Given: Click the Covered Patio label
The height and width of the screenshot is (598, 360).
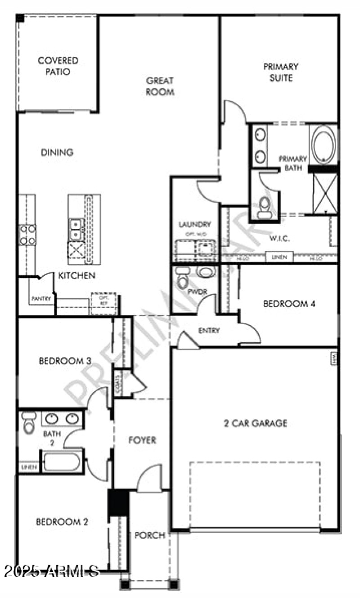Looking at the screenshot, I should pyautogui.click(x=58, y=66).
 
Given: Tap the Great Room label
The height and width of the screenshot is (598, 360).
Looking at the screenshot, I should pyautogui.click(x=160, y=86).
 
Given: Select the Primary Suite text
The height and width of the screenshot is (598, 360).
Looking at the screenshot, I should pyautogui.click(x=280, y=72).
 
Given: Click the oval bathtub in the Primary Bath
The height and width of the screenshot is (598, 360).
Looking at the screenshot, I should pyautogui.click(x=324, y=144).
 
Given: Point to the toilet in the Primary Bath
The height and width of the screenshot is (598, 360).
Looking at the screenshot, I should pyautogui.click(x=265, y=207).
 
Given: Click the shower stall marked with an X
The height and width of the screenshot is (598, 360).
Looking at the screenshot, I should pyautogui.click(x=325, y=192).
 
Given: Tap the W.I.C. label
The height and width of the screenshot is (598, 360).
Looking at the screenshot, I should pyautogui.click(x=279, y=238).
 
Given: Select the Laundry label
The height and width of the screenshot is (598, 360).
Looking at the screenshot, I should pyautogui.click(x=194, y=224).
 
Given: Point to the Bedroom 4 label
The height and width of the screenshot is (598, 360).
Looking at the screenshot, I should pyautogui.click(x=289, y=304).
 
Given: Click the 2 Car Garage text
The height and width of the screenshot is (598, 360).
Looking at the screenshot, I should pyautogui.click(x=256, y=423).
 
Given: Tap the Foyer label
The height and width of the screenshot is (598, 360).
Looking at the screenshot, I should pyautogui.click(x=142, y=440).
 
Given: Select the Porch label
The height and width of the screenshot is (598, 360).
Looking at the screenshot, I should pyautogui.click(x=150, y=535).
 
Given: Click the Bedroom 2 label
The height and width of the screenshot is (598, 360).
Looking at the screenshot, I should pyautogui.click(x=62, y=522).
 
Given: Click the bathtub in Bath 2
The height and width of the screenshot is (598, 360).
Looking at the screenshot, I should pyautogui.click(x=62, y=461).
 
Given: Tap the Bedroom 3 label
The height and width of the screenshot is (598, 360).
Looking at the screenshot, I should pyautogui.click(x=66, y=361).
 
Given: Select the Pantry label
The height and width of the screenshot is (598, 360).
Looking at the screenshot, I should pyautogui.click(x=42, y=299).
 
